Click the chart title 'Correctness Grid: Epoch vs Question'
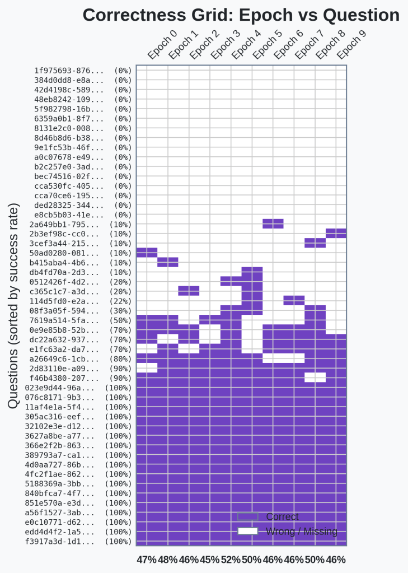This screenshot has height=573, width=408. coord(241,15)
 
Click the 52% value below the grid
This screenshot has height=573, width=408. coord(231,560)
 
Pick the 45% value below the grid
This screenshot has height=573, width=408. coord(210,560)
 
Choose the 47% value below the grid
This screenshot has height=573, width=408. coord(147,560)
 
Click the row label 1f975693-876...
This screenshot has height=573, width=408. coord(69,71)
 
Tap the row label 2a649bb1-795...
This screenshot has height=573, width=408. coord(69,224)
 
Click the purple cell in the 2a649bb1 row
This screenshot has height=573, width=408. coord(273,224)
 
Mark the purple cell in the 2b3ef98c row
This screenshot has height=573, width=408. coord(336,234)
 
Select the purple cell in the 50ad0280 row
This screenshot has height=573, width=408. coord(147,253)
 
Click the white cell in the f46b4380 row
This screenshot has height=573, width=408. coord(315,378)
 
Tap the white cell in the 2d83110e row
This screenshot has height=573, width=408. coord(147,368)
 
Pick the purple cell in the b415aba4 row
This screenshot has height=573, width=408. coord(168,262)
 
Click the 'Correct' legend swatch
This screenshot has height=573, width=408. coord(247,516)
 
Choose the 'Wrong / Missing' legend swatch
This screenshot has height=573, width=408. coord(247,531)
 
